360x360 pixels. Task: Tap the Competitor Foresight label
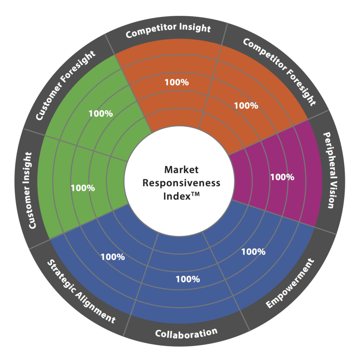click(x=279, y=72)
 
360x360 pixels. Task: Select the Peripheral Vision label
click(x=330, y=170)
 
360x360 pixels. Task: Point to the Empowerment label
click(x=290, y=283)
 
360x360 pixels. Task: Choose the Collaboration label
click(x=186, y=333)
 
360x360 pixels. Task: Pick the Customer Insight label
click(x=30, y=190)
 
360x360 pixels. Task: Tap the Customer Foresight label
click(x=65, y=85)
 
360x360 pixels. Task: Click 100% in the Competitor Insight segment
click(x=177, y=82)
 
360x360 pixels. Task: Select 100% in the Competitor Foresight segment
click(x=246, y=105)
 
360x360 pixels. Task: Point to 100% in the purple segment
click(x=282, y=177)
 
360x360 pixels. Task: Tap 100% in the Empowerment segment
click(x=253, y=252)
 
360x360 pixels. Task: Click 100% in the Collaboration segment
click(x=188, y=279)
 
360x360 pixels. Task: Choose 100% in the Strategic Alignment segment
click(x=113, y=257)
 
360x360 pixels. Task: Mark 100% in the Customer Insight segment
click(x=83, y=188)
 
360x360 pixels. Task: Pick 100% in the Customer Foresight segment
click(x=101, y=114)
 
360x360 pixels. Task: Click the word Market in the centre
click(x=181, y=170)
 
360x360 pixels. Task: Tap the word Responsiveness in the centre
click(x=181, y=183)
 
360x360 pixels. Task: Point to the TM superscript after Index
click(x=195, y=194)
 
